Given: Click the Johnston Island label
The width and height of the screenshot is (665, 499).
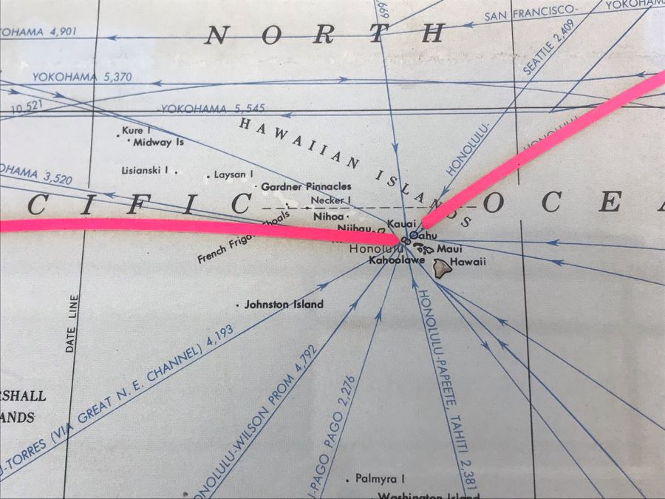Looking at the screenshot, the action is click(x=284, y=304).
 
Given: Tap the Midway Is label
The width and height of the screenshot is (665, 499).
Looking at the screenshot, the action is click(x=158, y=141).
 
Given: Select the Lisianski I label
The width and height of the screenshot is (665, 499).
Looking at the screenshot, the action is click(x=145, y=170).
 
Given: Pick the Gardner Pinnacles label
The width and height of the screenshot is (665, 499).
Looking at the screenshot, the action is click(x=306, y=186).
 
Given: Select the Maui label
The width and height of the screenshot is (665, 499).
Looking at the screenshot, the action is click(x=449, y=249).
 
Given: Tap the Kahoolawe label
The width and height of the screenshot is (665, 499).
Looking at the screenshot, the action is click(x=397, y=260).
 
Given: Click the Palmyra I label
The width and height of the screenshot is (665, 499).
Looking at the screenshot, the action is click(x=380, y=478).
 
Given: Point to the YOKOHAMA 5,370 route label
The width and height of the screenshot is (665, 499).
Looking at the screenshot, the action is click(x=71, y=76).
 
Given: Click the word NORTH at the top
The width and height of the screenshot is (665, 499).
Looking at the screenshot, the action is click(x=325, y=34).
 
